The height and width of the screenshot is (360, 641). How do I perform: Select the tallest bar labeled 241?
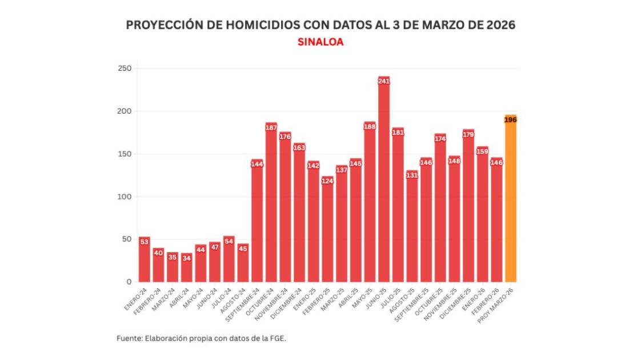[384, 183]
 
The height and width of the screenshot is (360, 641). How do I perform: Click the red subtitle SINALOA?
[320, 42]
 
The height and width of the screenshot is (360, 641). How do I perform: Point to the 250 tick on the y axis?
[125, 69]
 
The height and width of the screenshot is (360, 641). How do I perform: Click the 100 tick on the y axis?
[125, 197]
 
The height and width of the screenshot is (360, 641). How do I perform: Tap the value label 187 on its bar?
[271, 127]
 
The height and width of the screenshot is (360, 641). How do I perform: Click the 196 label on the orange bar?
[510, 119]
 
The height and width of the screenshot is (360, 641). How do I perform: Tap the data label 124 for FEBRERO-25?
[327, 181]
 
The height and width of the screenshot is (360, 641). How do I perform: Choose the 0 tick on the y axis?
[129, 282]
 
